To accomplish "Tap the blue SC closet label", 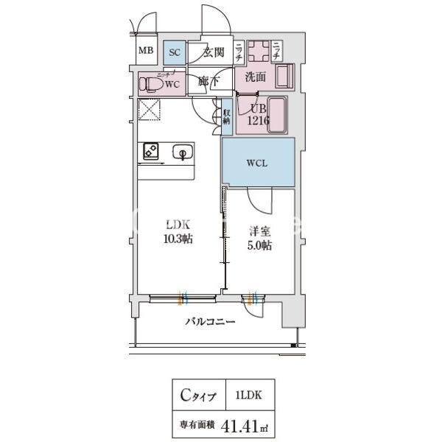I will pyautogui.click(x=175, y=52).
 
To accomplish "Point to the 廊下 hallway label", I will pyautogui.click(x=207, y=81).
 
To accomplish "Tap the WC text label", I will pyautogui.click(x=172, y=84).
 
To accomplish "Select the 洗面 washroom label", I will pyautogui.click(x=255, y=77).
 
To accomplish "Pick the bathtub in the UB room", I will pyautogui.click(x=278, y=116).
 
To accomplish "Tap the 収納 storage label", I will pyautogui.click(x=228, y=116).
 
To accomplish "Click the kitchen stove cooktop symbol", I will pyautogui.click(x=150, y=152).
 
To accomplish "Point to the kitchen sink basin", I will pyautogui.click(x=180, y=152).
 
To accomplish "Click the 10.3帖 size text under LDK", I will pyautogui.click(x=178, y=239).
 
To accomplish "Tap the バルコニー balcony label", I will pyautogui.click(x=209, y=322).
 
